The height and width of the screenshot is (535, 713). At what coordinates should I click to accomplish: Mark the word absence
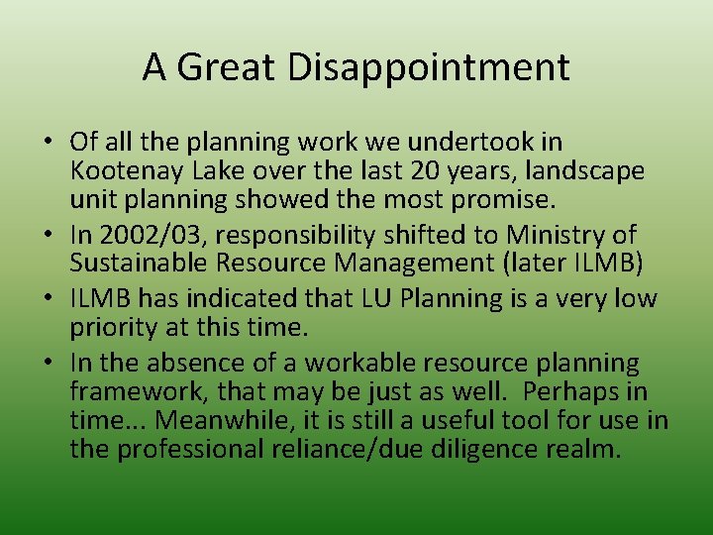point(197,364)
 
